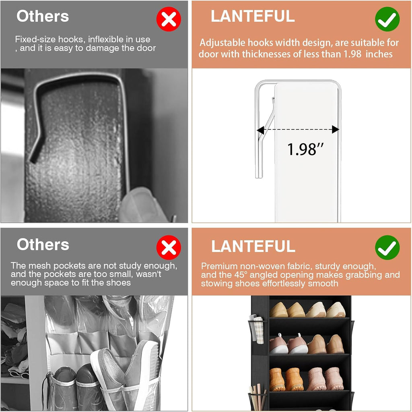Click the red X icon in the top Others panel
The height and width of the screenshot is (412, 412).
click(x=169, y=19)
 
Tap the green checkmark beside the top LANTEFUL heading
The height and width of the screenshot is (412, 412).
click(x=387, y=19)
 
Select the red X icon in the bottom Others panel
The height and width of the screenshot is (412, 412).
click(x=169, y=247)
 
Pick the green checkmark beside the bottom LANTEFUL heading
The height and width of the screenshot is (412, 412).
click(x=387, y=247)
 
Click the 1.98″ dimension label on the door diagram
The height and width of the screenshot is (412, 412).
click(x=305, y=149)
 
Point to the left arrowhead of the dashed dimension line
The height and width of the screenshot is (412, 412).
click(x=260, y=130)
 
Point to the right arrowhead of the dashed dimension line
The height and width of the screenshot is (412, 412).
click(x=336, y=129)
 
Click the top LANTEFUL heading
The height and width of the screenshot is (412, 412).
click(x=253, y=17)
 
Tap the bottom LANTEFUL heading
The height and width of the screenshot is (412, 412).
click(x=253, y=246)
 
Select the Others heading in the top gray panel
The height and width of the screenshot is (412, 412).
click(x=43, y=16)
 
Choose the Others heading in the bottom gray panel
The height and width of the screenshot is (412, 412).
click(x=43, y=244)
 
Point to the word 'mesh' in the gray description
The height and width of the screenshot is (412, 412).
click(x=62, y=265)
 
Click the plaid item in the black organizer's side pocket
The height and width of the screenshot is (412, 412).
click(x=259, y=330)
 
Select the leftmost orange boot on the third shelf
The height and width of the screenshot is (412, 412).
click(x=277, y=379)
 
